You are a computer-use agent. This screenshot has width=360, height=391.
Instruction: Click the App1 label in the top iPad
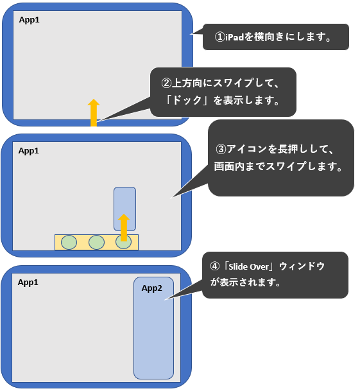[x=29, y=20]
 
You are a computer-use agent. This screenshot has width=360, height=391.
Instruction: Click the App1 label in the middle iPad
[x=28, y=151]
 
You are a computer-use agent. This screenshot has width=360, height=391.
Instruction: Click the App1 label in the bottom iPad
[x=28, y=282]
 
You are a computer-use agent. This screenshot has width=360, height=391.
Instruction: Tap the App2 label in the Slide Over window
[x=151, y=288]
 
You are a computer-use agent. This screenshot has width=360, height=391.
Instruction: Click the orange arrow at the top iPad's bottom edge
[x=94, y=112]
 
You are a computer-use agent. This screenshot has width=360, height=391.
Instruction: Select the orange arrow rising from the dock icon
[x=124, y=227]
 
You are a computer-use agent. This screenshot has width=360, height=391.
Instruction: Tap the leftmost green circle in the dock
[x=69, y=242]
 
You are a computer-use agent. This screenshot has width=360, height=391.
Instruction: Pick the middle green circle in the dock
[x=96, y=242]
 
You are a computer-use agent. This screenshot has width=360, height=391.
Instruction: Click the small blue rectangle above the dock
[x=124, y=209]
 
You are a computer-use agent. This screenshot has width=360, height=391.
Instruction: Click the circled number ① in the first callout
[x=220, y=37]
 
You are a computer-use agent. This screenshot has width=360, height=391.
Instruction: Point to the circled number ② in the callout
[x=166, y=83]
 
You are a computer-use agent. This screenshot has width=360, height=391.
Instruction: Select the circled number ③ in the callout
[x=221, y=149]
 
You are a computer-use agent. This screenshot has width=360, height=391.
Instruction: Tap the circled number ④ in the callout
[x=214, y=266]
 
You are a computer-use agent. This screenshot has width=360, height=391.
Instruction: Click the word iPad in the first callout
[x=234, y=37]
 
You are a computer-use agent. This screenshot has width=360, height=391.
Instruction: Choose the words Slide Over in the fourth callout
[x=248, y=267]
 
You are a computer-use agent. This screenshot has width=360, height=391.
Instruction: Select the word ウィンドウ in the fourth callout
[x=302, y=266]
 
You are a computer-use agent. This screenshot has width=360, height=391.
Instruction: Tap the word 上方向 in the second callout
[x=187, y=83]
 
